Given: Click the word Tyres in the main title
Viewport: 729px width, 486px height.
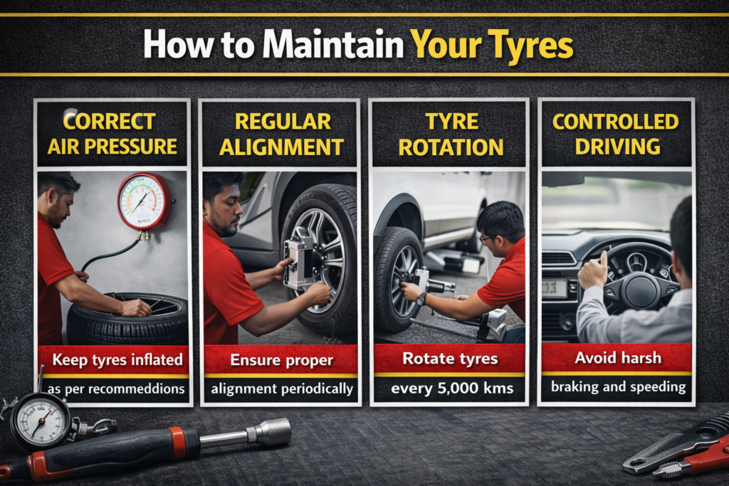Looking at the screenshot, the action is (530, 46).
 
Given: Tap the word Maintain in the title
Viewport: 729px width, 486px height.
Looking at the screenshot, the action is (333, 44).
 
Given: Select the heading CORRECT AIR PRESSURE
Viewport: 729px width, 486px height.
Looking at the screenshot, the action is (112, 134).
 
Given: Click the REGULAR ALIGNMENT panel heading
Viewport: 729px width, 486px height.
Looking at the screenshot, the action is (282, 134).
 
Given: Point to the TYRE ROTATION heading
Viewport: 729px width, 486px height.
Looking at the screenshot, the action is (451, 134).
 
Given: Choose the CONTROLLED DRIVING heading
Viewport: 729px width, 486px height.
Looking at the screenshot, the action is (616, 134).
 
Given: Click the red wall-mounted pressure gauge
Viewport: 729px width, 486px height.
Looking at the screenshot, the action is (144, 201).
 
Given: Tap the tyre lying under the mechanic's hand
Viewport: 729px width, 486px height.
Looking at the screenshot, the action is (127, 319).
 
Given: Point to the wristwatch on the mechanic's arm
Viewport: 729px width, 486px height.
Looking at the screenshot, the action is (421, 298).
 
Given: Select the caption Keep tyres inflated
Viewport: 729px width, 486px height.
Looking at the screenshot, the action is (117, 359).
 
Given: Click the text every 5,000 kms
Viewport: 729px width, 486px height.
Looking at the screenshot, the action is (452, 388).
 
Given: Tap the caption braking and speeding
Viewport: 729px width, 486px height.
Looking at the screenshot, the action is (619, 386).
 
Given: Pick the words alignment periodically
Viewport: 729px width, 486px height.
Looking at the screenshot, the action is (282, 389).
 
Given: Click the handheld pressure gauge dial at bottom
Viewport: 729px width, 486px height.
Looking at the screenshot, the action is (40, 423).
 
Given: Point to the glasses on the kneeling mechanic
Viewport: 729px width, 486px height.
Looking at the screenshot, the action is (486, 239).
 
